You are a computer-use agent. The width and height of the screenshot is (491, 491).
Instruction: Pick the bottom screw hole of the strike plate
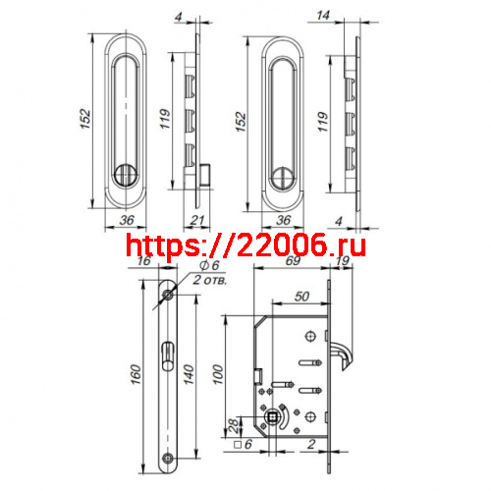coord(170,458)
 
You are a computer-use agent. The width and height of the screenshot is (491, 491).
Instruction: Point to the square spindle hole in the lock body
coord(272,422)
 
